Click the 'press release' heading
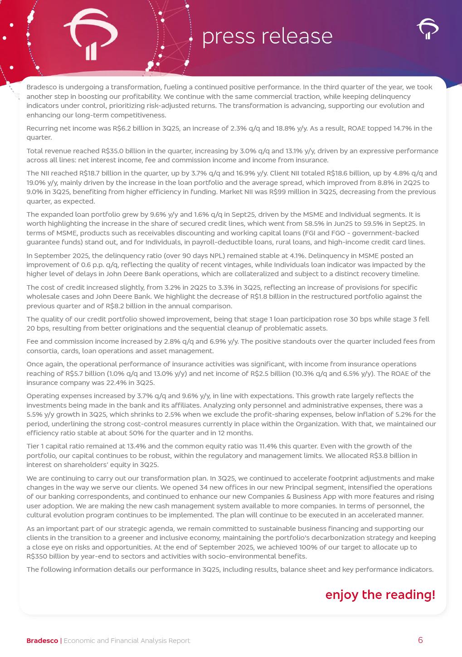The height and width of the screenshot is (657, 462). [267, 36]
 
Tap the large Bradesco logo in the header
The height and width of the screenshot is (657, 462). [90, 35]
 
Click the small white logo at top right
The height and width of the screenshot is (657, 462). [428, 29]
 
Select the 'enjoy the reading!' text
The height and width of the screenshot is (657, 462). [380, 594]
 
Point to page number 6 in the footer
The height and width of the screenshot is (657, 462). [420, 640]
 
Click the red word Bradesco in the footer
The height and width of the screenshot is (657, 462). [42, 641]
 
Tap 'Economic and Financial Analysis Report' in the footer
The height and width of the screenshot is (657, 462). [126, 641]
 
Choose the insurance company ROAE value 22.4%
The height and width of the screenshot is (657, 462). [107, 383]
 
